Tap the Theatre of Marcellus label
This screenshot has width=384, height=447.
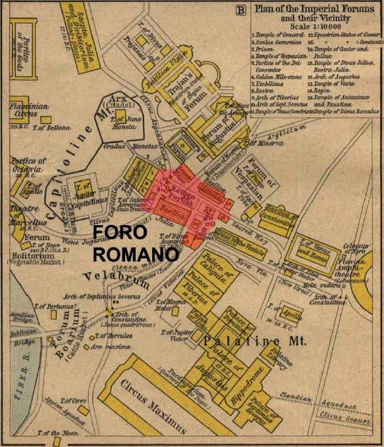point(27,212)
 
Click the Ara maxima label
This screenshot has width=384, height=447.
point(125,347)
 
